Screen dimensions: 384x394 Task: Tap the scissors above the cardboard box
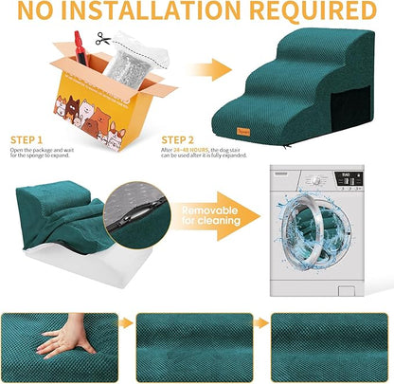pos(103,39)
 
